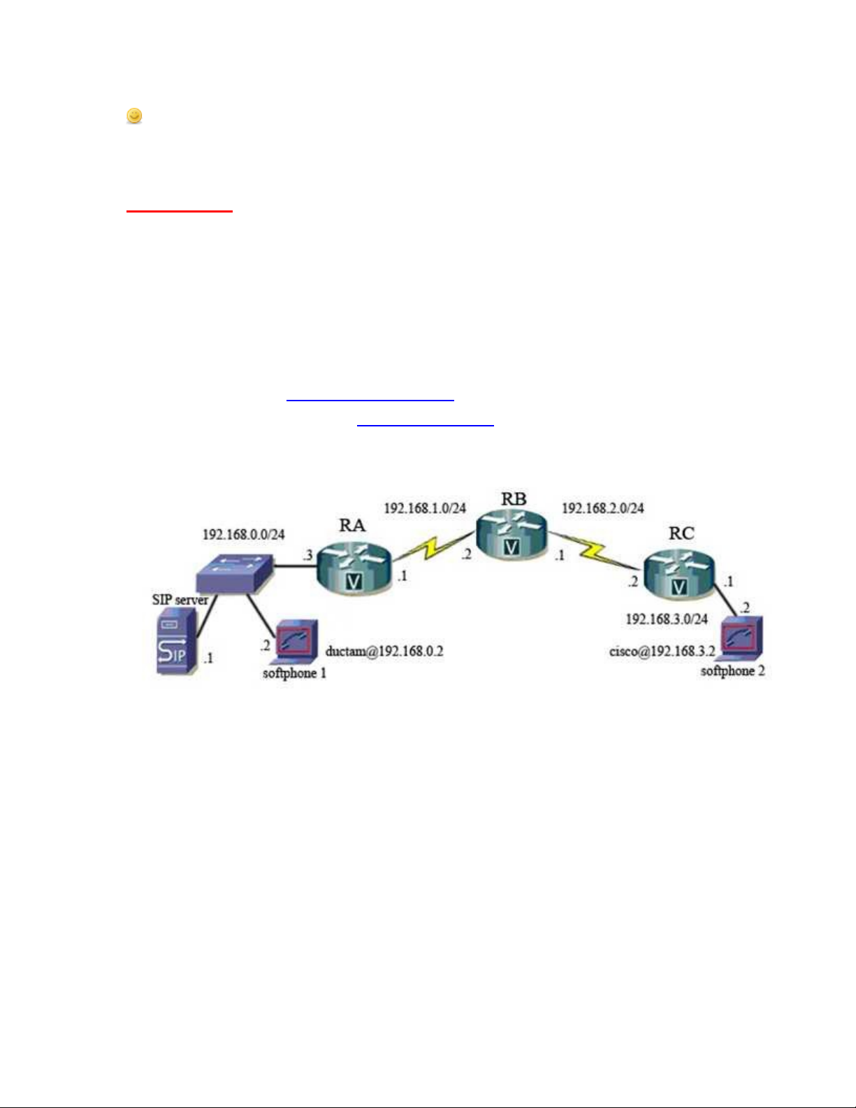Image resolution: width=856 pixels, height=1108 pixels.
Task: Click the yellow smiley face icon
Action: pos(134,115)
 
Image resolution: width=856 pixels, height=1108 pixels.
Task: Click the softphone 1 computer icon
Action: pos(296,641)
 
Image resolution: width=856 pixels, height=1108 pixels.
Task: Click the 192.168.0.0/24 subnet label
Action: pos(243,534)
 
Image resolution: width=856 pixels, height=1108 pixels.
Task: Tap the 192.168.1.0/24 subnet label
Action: pos(424,508)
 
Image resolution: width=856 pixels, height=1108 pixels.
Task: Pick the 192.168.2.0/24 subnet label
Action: pos(602,508)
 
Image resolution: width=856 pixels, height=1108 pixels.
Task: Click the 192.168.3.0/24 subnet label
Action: pos(666,619)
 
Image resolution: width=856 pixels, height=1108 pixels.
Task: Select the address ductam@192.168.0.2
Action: pos(384,652)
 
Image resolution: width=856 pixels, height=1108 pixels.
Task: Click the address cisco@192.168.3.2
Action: pos(662,652)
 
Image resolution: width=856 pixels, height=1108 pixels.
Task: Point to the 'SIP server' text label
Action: pos(180,600)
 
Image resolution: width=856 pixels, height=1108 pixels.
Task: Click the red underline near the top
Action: pos(179,210)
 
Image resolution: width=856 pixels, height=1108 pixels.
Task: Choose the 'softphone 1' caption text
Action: pos(294,673)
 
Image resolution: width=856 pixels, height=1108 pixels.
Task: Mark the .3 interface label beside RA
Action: pos(307,556)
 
